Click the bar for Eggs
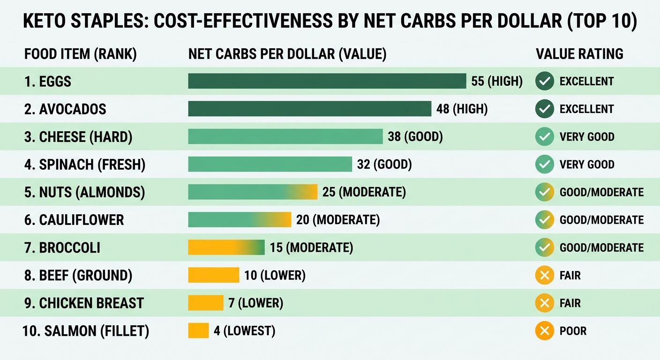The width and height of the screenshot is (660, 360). click(327, 81)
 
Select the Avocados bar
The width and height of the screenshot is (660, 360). click(310, 109)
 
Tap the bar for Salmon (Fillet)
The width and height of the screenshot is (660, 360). click(198, 330)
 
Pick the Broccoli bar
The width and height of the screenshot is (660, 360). click(226, 247)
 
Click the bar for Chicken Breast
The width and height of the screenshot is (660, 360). click(206, 303)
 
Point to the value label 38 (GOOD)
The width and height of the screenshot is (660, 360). click(415, 137)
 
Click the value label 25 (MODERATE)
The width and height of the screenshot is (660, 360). click(364, 192)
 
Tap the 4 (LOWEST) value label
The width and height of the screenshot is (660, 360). click(245, 331)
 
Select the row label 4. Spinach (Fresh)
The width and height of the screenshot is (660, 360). click(85, 165)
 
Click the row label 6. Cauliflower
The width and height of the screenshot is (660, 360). click(74, 220)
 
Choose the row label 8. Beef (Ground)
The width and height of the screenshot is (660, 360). click(78, 276)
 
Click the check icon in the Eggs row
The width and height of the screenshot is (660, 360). click(545, 81)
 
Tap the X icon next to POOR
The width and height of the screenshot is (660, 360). click(545, 330)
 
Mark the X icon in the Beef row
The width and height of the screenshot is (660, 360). click(545, 275)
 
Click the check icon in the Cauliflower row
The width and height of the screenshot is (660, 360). click(545, 220)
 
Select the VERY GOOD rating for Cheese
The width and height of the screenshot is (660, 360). click(587, 137)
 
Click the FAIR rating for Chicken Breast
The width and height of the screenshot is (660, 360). click(570, 303)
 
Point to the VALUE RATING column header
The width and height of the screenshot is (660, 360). click(579, 54)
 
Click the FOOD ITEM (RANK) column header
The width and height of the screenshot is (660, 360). click(81, 54)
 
